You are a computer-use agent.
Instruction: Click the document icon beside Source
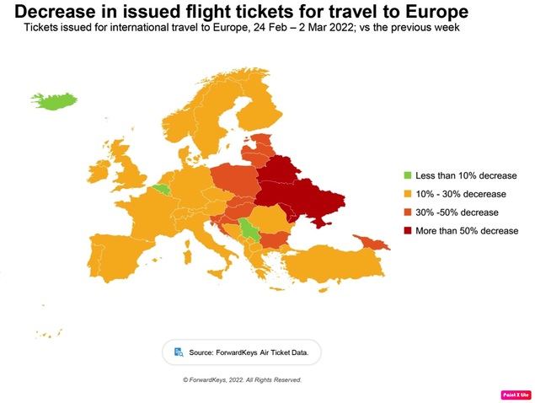coord(178,352)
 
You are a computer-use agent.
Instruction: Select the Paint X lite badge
coord(515,395)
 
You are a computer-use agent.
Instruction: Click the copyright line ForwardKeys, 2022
coord(242,380)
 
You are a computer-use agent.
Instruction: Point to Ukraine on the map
coord(316,202)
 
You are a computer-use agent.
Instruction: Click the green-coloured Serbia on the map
coord(248,229)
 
